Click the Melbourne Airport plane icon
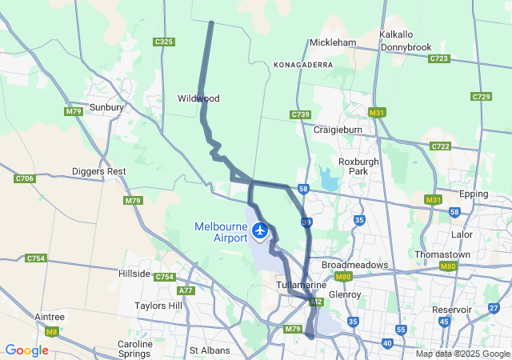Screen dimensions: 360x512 tap(259, 231)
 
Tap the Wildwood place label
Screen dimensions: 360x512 tap(198, 98)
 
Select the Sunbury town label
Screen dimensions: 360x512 tap(106, 106)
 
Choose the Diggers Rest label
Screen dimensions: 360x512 tap(99, 171)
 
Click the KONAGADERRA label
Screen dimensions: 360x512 tap(303, 64)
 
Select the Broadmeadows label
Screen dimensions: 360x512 tap(354, 265)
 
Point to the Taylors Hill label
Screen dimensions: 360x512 tap(160, 306)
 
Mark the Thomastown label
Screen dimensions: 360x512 tap(442, 254)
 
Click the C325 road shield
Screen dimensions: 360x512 tap(164, 42)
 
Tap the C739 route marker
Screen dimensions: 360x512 tap(301, 115)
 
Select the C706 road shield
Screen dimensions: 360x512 tap(25, 178)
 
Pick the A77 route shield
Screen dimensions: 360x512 tap(186, 291)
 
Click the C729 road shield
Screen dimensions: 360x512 tap(481, 97)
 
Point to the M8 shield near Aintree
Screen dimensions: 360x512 tap(52, 331)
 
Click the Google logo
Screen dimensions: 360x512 tap(26, 350)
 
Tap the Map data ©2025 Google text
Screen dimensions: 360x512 tap(462, 354)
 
